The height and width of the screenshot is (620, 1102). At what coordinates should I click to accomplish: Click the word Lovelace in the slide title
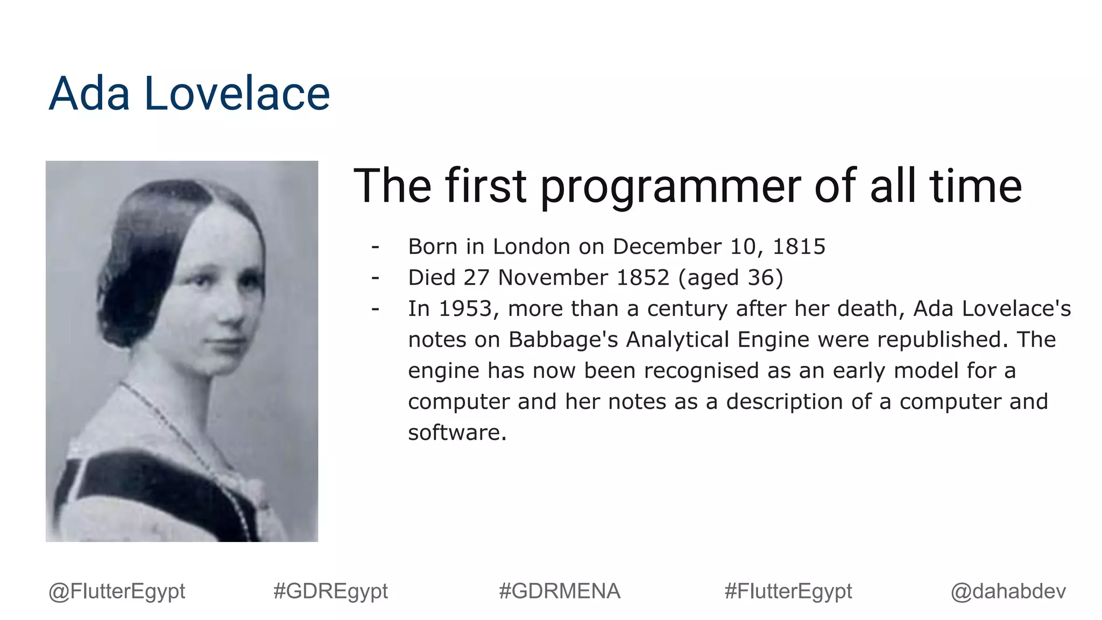pyautogui.click(x=237, y=94)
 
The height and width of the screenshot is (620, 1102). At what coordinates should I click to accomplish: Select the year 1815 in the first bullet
pyautogui.click(x=799, y=246)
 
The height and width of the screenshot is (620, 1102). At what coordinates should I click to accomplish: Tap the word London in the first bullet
pyautogui.click(x=531, y=246)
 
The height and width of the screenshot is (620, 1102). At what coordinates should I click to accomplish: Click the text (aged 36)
pyautogui.click(x=731, y=278)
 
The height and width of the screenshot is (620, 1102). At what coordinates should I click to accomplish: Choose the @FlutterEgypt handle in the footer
pyautogui.click(x=117, y=591)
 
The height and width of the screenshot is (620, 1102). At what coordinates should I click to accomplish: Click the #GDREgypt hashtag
pyautogui.click(x=330, y=591)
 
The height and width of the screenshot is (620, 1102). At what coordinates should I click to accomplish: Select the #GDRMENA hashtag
pyautogui.click(x=559, y=591)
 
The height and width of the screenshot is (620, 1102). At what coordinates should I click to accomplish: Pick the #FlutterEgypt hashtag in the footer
pyautogui.click(x=788, y=591)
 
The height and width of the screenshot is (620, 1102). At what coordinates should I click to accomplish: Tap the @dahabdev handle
pyautogui.click(x=1008, y=591)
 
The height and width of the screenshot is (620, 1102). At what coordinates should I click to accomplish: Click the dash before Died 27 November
pyautogui.click(x=376, y=278)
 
